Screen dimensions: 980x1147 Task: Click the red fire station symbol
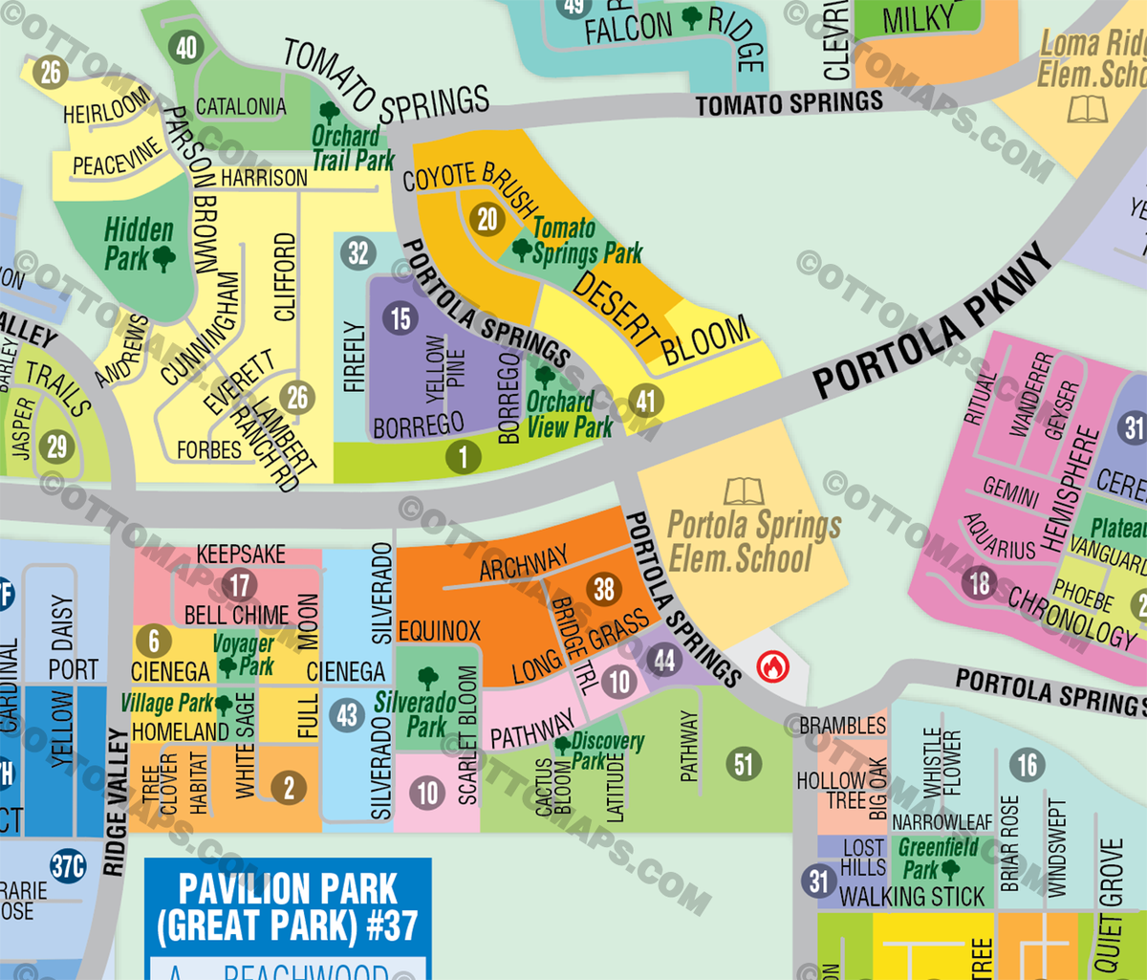[772, 665]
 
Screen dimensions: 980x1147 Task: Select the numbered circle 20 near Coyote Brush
[487, 219]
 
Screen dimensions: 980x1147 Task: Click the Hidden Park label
[140, 244]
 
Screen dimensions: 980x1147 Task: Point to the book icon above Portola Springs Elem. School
[743, 491]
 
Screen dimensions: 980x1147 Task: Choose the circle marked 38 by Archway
[604, 590]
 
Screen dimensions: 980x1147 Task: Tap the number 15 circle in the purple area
[400, 318]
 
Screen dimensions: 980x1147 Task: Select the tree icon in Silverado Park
[427, 678]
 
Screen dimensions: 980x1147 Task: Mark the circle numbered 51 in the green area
[744, 764]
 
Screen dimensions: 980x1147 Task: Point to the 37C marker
[68, 866]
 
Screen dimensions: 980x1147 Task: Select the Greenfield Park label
[937, 858]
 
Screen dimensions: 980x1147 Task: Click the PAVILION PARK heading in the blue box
[288, 889]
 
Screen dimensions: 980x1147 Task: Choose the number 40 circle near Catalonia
[185, 48]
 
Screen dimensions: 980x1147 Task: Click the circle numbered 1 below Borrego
[464, 457]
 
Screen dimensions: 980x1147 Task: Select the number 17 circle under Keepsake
[240, 585]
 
